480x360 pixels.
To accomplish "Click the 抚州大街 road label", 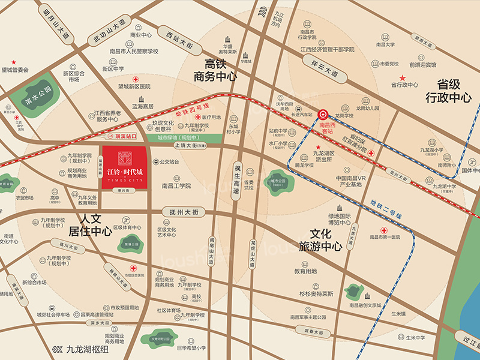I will click(x=184, y=212).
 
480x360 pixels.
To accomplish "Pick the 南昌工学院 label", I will click(x=176, y=187).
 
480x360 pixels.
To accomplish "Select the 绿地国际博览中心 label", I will click(x=338, y=219).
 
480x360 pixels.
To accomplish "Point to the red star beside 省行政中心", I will click(x=403, y=78).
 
